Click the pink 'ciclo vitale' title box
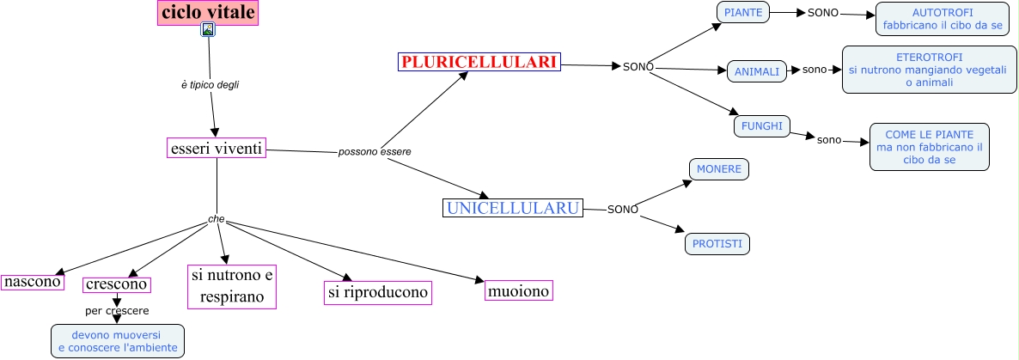[x=208, y=12]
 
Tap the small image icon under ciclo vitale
[x=208, y=29]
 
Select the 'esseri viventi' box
[x=217, y=148]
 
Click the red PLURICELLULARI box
[x=479, y=62]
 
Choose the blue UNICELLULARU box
[x=513, y=208]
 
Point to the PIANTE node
[x=743, y=12]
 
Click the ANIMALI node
[x=756, y=71]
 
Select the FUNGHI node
[x=761, y=126]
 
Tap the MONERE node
[x=719, y=169]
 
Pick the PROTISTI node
[x=717, y=244]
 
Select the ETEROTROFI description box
[x=930, y=70]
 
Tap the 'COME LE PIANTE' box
[x=930, y=147]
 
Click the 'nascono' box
[x=33, y=282]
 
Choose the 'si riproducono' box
[x=378, y=292]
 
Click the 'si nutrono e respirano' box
[x=232, y=286]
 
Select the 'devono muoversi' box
[x=118, y=341]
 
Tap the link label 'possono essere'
[x=375, y=152]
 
